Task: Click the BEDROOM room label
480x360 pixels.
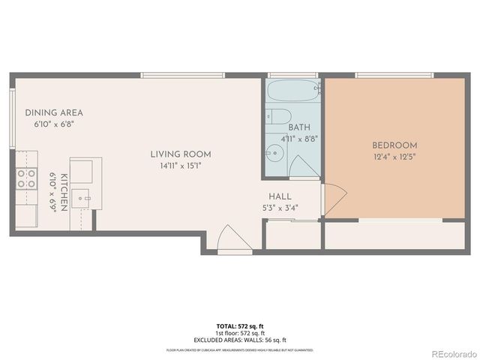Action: pyautogui.click(x=394, y=145)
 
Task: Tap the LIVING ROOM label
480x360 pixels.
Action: pyautogui.click(x=175, y=154)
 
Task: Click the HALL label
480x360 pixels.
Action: pyautogui.click(x=280, y=196)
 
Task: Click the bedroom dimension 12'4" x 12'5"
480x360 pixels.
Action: pyautogui.click(x=394, y=157)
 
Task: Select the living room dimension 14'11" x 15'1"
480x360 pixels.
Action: pyautogui.click(x=175, y=166)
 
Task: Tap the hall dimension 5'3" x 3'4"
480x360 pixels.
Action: pyautogui.click(x=280, y=208)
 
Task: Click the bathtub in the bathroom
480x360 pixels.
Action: pyautogui.click(x=293, y=94)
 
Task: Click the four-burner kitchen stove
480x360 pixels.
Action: pyautogui.click(x=26, y=178)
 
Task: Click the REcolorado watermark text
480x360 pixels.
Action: pyautogui.click(x=448, y=352)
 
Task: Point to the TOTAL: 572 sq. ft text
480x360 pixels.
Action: pyautogui.click(x=240, y=326)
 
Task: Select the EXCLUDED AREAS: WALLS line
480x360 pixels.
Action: pyautogui.click(x=240, y=340)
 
